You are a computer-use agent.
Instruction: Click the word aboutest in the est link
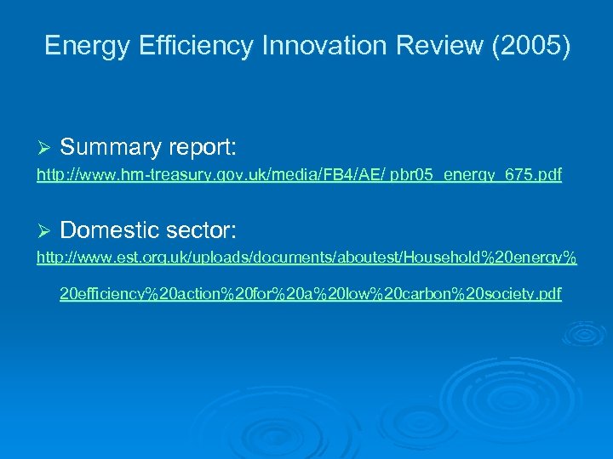tap(348, 257)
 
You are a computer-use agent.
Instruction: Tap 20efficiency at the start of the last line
tap(103, 294)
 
